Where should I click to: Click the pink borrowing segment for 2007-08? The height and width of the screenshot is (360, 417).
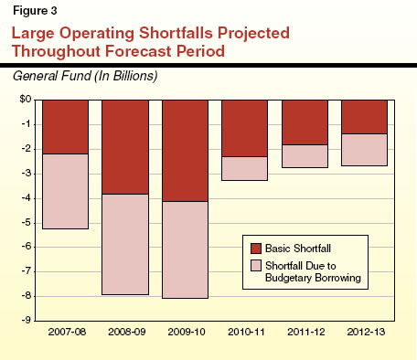[x=66, y=191]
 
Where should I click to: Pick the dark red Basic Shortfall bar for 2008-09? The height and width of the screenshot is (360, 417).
[x=125, y=146]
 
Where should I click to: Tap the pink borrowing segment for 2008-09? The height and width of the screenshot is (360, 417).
[x=125, y=244]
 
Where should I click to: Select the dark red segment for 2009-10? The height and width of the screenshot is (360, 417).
[x=185, y=150]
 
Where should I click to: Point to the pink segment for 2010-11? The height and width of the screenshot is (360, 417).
[x=245, y=168]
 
